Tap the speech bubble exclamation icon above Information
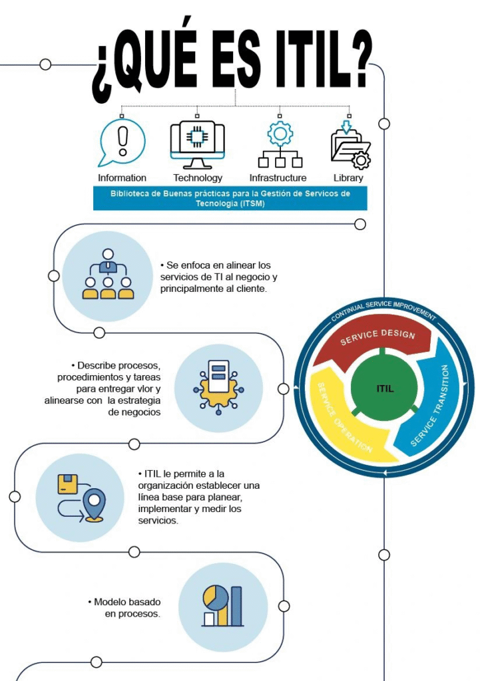122,142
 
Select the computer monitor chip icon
197,144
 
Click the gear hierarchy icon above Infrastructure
280,144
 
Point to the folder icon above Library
350,144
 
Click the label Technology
198,178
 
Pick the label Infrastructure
278,178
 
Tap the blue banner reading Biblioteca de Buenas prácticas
230,198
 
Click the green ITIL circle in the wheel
385,388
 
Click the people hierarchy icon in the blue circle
108,275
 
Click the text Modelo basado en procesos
124,608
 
